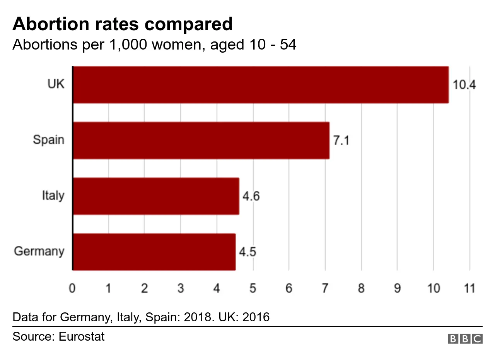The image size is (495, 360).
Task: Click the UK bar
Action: click(x=261, y=85)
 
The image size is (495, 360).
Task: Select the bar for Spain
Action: click(x=201, y=141)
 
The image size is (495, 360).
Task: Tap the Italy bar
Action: click(x=156, y=196)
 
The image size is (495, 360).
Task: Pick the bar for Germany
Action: click(x=154, y=252)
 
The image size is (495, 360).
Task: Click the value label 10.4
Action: click(x=464, y=85)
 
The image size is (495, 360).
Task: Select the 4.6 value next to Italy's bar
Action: click(x=251, y=197)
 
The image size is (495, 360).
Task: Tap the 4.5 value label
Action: click(x=247, y=252)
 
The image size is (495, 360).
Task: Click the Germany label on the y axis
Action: click(x=39, y=252)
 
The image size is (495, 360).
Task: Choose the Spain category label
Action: click(x=48, y=140)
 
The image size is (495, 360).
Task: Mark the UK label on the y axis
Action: click(x=56, y=84)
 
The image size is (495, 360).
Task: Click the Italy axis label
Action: click(x=53, y=195)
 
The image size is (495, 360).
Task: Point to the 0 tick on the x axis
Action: click(x=72, y=289)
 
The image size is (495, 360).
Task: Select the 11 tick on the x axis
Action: click(x=469, y=289)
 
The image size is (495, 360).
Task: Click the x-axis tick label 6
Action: click(x=288, y=289)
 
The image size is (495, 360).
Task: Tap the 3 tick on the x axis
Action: click(x=181, y=289)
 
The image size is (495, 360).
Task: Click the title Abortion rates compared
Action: click(x=123, y=24)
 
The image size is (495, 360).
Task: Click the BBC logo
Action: click(x=465, y=339)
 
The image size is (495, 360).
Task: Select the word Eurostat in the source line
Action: click(x=81, y=336)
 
